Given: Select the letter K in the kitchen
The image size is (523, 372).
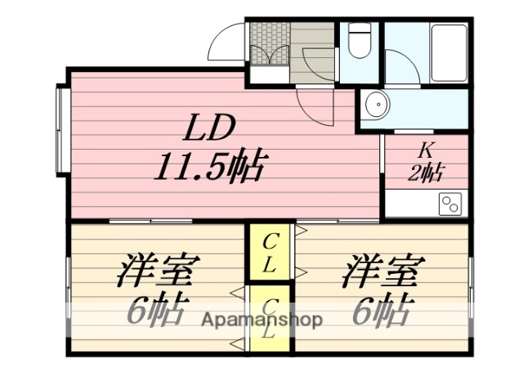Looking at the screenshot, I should click(425, 150).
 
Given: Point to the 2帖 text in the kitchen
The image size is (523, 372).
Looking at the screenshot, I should click(426, 172).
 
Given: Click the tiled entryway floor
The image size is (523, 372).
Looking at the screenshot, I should click(269, 45).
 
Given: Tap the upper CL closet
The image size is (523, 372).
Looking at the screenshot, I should click(270, 253).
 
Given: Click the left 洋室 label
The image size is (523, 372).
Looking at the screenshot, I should click(159, 271).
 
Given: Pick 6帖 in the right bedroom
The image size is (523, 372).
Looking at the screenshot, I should click(380, 308).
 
